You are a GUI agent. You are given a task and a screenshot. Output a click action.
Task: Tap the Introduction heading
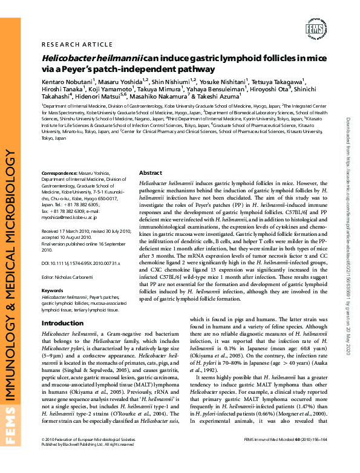point(63,323)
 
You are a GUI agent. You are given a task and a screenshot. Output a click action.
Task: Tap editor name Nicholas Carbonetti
point(80,276)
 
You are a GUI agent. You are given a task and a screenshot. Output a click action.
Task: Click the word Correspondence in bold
point(59,173)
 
